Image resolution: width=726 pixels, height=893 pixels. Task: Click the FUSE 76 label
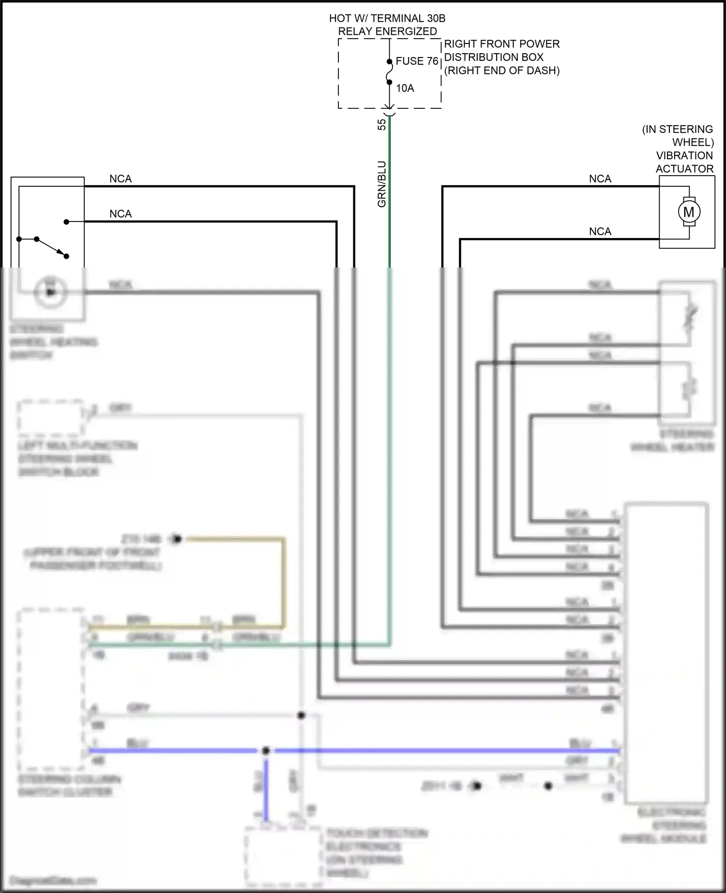[416, 61]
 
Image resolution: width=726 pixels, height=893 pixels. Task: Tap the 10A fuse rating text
[405, 88]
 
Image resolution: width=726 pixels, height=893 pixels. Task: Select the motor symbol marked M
[688, 211]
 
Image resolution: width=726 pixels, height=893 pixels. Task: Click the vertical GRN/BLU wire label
[382, 184]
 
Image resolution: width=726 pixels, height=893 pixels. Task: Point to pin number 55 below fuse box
[382, 124]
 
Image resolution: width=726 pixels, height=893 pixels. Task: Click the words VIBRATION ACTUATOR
[684, 162]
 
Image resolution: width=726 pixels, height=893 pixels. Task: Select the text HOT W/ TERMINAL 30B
[387, 18]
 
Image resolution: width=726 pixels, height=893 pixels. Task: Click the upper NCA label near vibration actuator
[600, 179]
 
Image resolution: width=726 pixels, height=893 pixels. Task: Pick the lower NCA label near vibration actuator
[600, 232]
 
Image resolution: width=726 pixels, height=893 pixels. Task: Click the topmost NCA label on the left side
[121, 179]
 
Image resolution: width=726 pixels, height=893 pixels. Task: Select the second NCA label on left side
[121, 214]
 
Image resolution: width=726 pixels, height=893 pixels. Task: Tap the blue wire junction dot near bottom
[266, 751]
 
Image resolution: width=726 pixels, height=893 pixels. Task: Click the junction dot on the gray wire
[301, 715]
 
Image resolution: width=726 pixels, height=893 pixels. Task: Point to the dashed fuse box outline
[339, 73]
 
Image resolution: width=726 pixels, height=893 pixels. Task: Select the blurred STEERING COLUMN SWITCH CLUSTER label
[68, 786]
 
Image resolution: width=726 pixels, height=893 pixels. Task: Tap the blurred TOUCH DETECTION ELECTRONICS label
[375, 853]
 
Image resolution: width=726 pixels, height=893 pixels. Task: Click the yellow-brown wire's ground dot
[177, 538]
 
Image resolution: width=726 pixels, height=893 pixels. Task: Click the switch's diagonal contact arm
[51, 248]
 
